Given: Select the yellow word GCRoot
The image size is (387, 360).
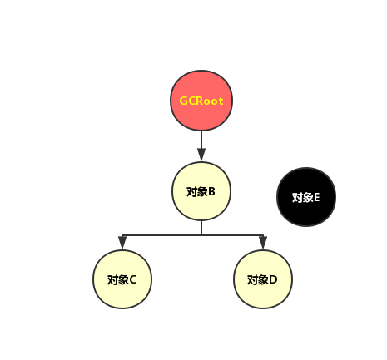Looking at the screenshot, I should (x=201, y=101).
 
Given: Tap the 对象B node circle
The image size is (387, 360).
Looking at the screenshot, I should (x=201, y=191).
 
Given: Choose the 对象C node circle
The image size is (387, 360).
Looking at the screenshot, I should (x=122, y=279).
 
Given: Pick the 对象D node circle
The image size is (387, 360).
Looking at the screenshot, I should (x=263, y=279).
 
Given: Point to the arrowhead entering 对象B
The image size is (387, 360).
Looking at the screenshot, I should (x=201, y=155).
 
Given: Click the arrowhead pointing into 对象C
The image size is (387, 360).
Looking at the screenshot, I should (x=122, y=243).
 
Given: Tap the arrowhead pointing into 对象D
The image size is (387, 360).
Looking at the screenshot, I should (x=263, y=243).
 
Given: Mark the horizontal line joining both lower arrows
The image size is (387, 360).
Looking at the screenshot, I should (x=166, y=234).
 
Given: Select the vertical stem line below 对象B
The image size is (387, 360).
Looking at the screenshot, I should (x=201, y=227).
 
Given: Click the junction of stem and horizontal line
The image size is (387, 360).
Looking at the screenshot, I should (x=201, y=234).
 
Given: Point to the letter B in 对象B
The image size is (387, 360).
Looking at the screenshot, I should (x=212, y=191).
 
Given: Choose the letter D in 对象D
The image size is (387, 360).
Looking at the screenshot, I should (x=274, y=279).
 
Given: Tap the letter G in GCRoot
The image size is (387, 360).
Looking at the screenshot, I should (x=184, y=101).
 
